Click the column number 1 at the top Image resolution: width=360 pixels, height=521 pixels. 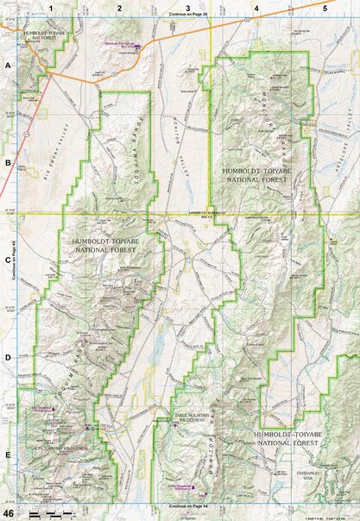pyautogui.click(x=52, y=7)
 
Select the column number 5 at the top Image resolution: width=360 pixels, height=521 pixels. pyautogui.click(x=325, y=7)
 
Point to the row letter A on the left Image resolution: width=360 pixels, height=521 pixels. pyautogui.click(x=8, y=66)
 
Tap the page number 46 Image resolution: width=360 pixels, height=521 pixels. pyautogui.click(x=9, y=513)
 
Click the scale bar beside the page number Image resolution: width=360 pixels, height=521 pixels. pyautogui.click(x=48, y=514)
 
